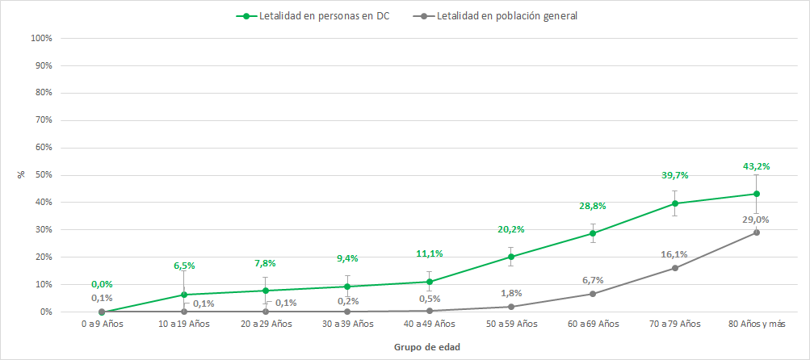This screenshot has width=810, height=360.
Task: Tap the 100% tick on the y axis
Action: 40,39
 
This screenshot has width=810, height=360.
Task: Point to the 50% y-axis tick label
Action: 42,175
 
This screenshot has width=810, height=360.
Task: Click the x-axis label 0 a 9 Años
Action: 103,324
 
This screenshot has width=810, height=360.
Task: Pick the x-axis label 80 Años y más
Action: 756,324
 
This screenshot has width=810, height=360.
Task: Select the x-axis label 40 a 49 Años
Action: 430,324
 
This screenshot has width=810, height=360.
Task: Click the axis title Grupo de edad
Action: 427,346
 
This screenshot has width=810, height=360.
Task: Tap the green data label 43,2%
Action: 756,166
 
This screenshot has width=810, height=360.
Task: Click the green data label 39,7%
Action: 674,175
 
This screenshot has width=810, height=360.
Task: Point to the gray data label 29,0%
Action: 756,219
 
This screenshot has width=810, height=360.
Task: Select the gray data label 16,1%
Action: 674,254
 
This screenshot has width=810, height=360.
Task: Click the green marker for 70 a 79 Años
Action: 674,203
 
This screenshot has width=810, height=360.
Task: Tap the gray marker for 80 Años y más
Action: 756,232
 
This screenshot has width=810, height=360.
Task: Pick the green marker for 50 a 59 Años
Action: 511,257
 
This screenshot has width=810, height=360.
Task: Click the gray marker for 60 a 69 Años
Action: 593,294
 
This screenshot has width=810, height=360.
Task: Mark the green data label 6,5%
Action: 184,266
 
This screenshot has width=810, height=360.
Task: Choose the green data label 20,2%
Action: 511,229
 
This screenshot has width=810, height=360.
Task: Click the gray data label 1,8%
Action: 511,292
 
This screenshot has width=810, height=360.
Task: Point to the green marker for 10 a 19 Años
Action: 184,295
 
